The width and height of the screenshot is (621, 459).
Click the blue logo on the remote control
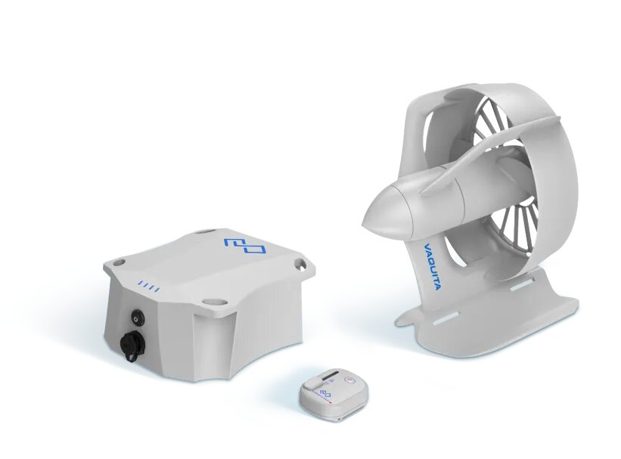click(x=325, y=392)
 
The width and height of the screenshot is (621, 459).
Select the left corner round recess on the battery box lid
click(x=119, y=262)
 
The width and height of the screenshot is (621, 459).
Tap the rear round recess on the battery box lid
click(x=203, y=233)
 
